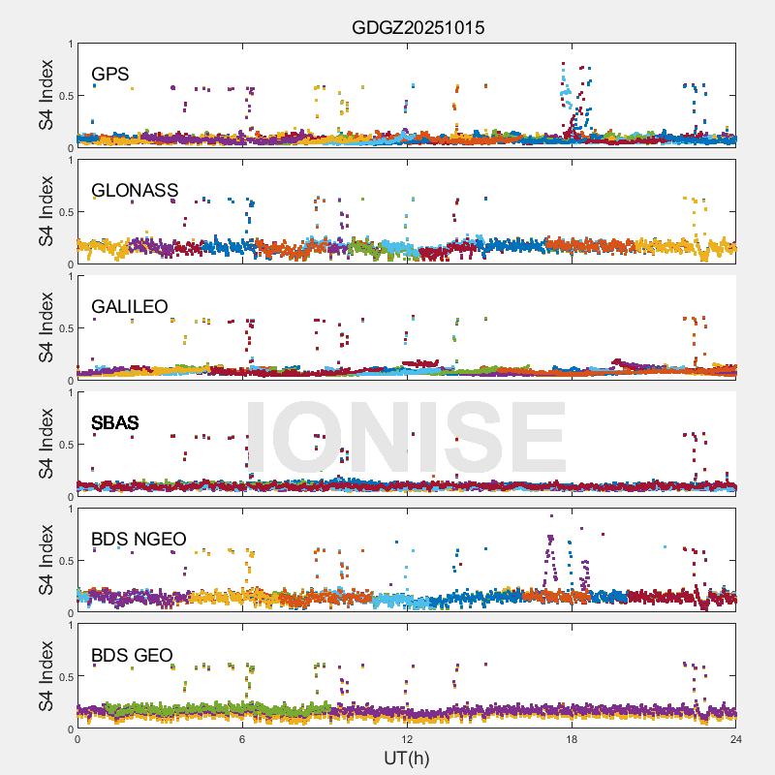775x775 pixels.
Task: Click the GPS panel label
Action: point(110,74)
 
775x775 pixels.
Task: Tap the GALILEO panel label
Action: point(130,306)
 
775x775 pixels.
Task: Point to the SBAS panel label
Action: point(115,422)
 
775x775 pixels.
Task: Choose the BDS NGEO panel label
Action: point(139,539)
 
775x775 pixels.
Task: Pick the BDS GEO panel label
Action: point(132,656)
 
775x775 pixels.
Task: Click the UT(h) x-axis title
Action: point(407,758)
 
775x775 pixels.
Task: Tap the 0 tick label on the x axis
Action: point(77,739)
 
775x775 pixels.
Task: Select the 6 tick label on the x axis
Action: point(242,739)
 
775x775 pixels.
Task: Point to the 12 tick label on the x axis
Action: point(407,739)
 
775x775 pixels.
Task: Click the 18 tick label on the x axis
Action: point(572,739)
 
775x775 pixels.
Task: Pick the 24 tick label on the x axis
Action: point(736,739)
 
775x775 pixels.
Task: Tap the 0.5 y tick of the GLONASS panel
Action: point(62,212)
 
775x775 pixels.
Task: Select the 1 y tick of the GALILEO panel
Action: point(69,276)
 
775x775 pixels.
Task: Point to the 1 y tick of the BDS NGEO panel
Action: point(69,509)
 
